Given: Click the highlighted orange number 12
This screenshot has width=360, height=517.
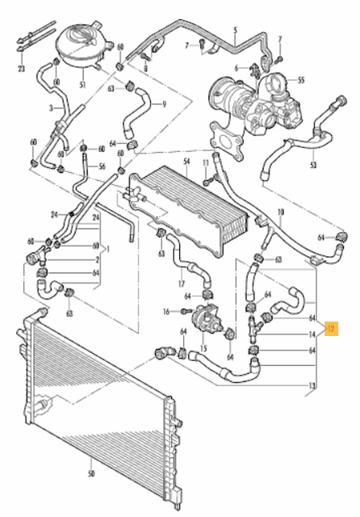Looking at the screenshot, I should pyautogui.click(x=330, y=329).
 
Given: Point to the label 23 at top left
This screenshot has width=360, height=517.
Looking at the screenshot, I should pyautogui.click(x=22, y=69).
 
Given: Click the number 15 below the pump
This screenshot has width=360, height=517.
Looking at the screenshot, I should pyautogui.click(x=203, y=349).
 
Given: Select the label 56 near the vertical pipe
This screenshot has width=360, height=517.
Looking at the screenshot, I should pyautogui.click(x=103, y=166).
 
